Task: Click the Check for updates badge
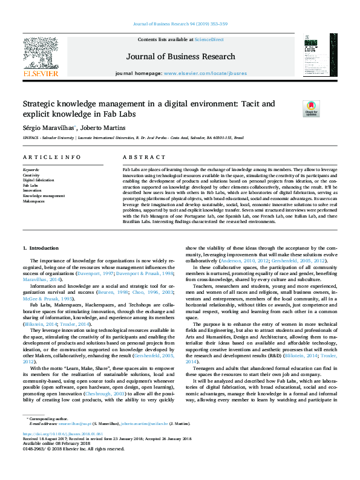pyautogui.click(x=311, y=109)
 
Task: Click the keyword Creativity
pyautogui.click(x=31, y=175)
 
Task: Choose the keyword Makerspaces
pyautogui.click(x=34, y=201)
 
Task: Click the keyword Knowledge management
pyautogui.click(x=44, y=196)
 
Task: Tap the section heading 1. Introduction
pyautogui.click(x=41, y=248)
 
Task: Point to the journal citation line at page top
pyautogui.click(x=180, y=24)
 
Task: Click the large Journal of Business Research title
pyautogui.click(x=180, y=57)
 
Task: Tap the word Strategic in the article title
pyautogui.click(x=39, y=103)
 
